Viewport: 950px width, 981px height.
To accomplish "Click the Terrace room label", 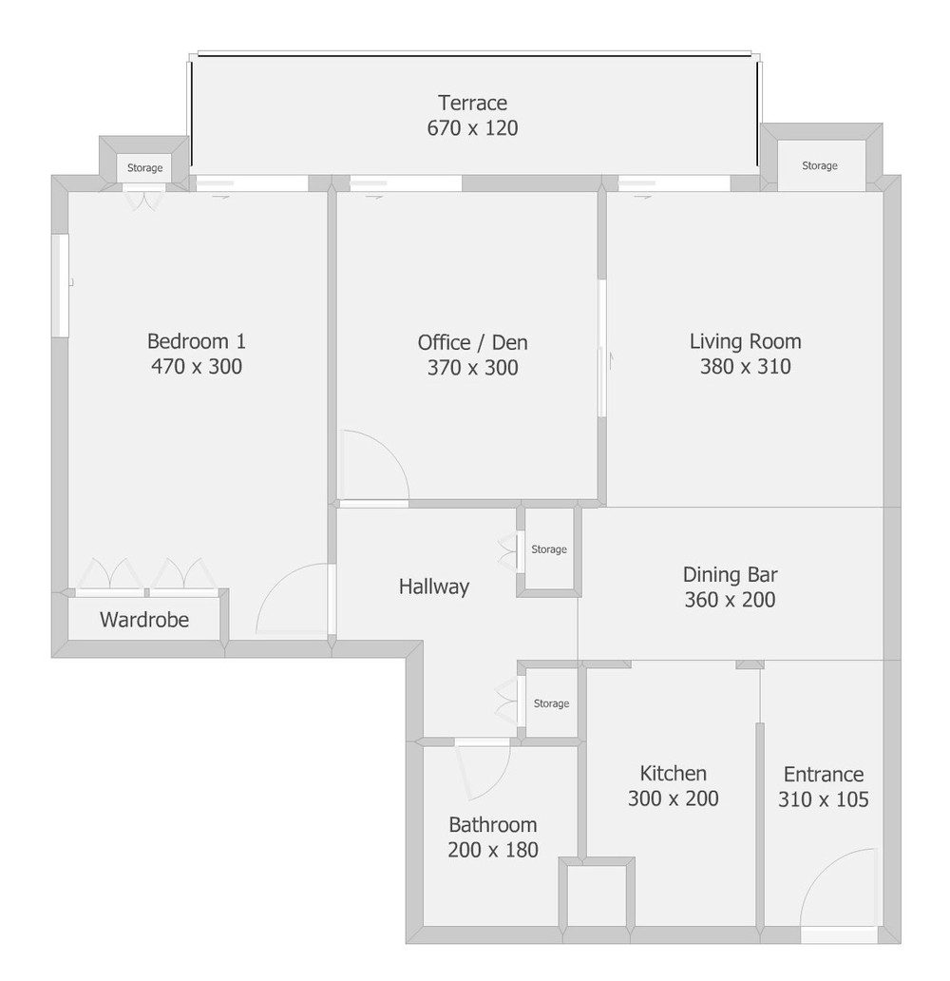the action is point(472,103).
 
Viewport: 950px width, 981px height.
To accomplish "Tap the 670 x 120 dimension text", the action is point(472,127).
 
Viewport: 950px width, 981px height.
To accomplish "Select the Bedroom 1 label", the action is point(197,341).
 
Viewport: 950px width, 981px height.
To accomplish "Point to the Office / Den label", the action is point(472,342).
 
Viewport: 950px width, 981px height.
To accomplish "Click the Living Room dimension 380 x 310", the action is point(745,366).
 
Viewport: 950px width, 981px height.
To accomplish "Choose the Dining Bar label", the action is point(730,574).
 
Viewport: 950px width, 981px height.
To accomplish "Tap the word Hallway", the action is point(434,587).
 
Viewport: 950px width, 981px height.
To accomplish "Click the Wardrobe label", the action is point(144,620).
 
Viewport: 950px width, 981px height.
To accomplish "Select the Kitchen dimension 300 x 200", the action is point(673,798).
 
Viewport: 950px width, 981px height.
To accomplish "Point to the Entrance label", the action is point(823,774).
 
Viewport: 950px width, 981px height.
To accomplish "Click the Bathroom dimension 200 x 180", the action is point(493,850).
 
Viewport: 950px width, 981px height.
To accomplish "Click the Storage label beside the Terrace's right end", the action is point(819,165).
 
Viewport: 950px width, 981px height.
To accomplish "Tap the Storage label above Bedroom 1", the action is point(144,167).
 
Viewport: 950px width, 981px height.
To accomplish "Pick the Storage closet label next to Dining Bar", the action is point(548,549).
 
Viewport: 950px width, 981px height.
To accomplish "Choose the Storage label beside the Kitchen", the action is point(551,703).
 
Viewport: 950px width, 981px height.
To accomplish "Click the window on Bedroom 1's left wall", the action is point(60,286).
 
